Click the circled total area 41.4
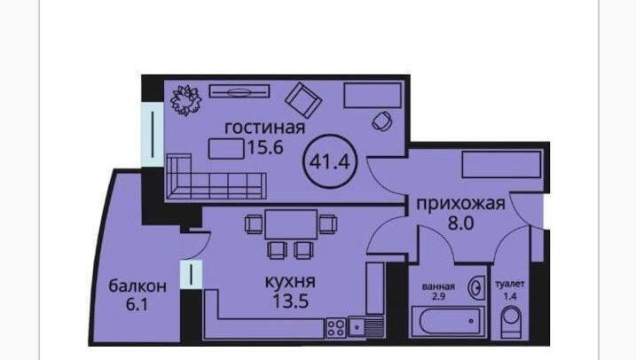330,161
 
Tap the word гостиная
265,128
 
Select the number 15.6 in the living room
265,147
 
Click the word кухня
290,282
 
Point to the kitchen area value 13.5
291,301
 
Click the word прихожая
461,204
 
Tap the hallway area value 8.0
460,223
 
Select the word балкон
137,286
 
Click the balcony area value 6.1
137,304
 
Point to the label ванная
438,286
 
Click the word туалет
510,285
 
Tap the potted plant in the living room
186,100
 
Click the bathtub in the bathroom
448,322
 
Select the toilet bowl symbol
511,322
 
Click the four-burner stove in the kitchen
336,327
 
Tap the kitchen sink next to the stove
365,327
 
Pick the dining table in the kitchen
291,224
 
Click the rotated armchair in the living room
303,100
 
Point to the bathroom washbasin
476,287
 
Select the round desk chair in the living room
382,121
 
